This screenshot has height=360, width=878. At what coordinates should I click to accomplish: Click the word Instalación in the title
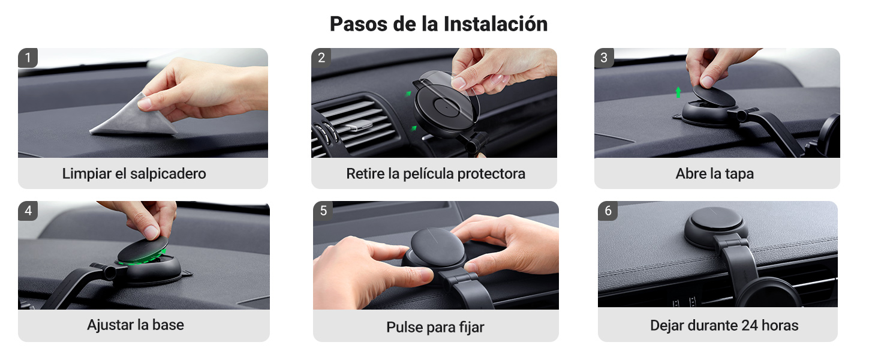[x=495, y=24]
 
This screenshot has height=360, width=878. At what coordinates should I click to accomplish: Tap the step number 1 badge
[x=28, y=58]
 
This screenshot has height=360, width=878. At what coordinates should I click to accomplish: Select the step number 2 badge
[x=321, y=58]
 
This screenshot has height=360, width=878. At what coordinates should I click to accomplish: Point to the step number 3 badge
[x=604, y=58]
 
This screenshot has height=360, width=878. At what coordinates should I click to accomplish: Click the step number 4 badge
[x=28, y=211]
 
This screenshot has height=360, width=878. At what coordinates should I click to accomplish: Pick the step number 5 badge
[x=323, y=211]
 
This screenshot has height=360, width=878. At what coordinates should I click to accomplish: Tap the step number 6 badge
[x=608, y=211]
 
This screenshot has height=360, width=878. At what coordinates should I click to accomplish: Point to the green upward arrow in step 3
[x=678, y=92]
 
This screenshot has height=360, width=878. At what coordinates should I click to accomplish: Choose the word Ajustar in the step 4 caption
[x=110, y=325]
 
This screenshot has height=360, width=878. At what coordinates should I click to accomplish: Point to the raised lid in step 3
[x=714, y=96]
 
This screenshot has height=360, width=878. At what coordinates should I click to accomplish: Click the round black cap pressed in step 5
[x=437, y=247]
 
